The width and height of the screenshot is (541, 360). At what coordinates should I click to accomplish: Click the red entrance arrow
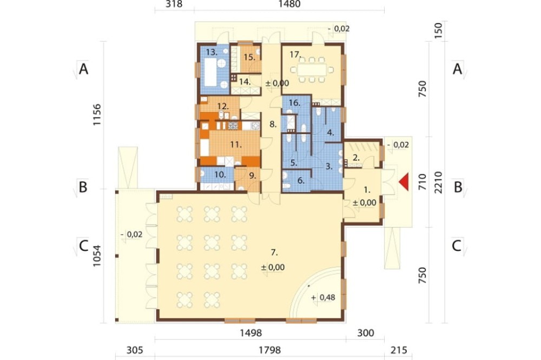click(404, 182)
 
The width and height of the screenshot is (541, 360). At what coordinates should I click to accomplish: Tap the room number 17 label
click(295, 55)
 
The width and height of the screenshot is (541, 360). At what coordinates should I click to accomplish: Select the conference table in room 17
click(312, 70)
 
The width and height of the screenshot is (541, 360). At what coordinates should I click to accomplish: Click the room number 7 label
click(274, 253)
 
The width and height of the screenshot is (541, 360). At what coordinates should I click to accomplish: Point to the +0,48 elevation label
click(323, 297)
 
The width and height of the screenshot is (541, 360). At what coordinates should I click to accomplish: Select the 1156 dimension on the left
click(97, 114)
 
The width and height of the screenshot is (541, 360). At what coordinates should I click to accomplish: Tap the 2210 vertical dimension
click(438, 182)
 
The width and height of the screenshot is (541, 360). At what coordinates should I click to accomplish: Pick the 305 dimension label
click(135, 350)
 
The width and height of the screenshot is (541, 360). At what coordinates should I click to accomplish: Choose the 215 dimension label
click(399, 350)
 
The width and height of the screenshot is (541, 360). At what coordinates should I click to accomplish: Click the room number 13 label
click(212, 52)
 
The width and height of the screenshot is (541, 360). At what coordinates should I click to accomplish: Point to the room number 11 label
click(236, 144)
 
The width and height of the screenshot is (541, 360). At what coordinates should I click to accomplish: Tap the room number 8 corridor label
click(273, 124)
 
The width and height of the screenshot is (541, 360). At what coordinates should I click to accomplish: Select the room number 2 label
click(357, 158)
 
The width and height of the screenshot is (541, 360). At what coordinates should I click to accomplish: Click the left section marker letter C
click(83, 246)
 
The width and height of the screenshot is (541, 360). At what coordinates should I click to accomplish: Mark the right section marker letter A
click(457, 69)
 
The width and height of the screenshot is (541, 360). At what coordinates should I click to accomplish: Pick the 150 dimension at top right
click(438, 30)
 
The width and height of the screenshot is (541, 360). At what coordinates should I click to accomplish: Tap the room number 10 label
click(220, 175)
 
